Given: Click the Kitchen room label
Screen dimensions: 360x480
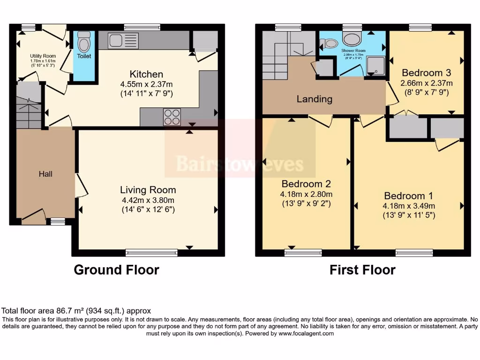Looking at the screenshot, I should tap(146, 74).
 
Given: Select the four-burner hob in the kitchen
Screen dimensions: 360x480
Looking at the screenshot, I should tap(172, 117).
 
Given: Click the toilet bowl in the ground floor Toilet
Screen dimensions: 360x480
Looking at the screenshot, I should tap(84, 44).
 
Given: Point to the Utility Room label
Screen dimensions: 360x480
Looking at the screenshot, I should tap(43, 56).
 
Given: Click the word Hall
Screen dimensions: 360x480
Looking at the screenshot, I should tap(45, 174).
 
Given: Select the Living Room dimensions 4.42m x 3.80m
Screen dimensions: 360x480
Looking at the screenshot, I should tap(148, 200).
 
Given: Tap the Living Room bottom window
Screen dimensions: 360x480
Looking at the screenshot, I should tap(151, 253).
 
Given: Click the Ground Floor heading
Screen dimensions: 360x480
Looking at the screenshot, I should tap(116, 270).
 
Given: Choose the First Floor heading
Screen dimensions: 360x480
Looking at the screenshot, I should tap(362, 270).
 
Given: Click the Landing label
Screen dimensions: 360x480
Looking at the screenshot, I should tap(314, 99).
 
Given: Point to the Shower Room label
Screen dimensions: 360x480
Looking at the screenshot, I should tap(353, 50).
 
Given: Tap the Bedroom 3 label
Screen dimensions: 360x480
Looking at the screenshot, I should tap(427, 73).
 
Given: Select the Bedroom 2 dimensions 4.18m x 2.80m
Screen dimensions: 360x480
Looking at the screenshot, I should tap(306, 194).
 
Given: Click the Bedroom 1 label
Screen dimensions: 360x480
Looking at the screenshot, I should tap(409, 196).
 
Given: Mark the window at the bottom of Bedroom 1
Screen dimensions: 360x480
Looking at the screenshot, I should tap(414, 253).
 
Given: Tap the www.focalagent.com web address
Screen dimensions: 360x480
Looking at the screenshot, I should tap(306, 334).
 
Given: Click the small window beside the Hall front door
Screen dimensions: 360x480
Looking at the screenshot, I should tap(58, 221).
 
